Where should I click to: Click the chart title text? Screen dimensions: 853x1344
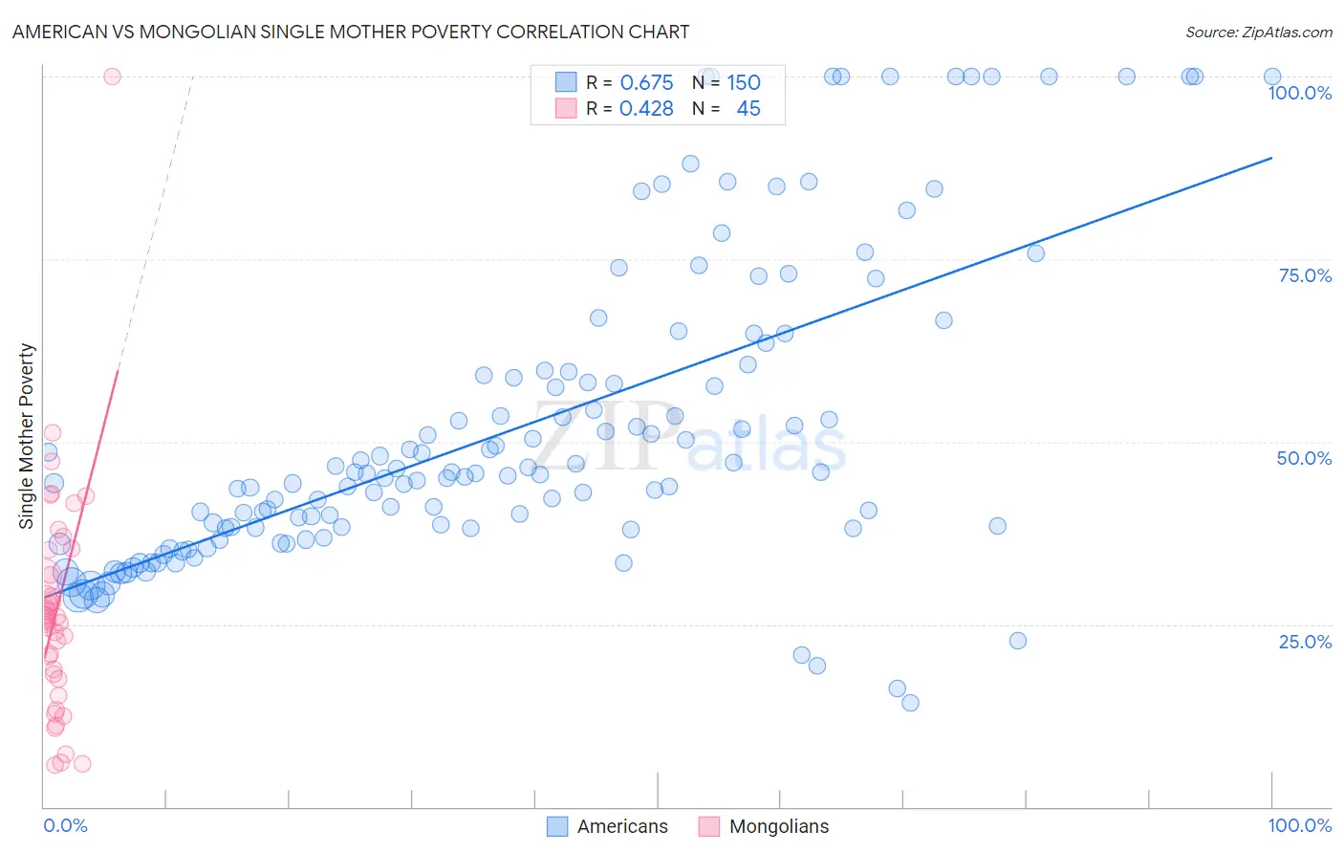click(351, 32)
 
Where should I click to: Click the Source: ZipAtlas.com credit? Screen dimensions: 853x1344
click(1258, 32)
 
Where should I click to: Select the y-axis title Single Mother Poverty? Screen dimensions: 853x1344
click(27, 436)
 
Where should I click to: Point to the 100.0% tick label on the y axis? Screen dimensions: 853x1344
click(1299, 93)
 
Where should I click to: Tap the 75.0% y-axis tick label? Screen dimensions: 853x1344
click(1305, 275)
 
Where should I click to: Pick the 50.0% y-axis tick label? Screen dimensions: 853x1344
click(1304, 458)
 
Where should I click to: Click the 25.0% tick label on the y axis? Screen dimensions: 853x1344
click(1305, 642)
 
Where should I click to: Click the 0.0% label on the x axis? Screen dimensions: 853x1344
click(65, 825)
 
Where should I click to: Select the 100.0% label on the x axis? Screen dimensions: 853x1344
click(1299, 825)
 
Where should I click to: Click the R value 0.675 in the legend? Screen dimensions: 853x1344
click(646, 82)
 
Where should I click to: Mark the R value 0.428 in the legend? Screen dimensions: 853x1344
click(646, 108)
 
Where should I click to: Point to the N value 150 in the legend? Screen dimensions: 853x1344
click(744, 82)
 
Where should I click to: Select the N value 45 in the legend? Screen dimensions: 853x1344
click(748, 108)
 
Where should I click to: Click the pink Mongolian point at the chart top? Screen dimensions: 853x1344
click(112, 77)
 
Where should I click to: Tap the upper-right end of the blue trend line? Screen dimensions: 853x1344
click(1271, 157)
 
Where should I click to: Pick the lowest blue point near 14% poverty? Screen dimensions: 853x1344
click(910, 703)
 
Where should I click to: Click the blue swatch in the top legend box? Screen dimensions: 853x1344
click(566, 82)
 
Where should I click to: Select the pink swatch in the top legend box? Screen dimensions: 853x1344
click(566, 108)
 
